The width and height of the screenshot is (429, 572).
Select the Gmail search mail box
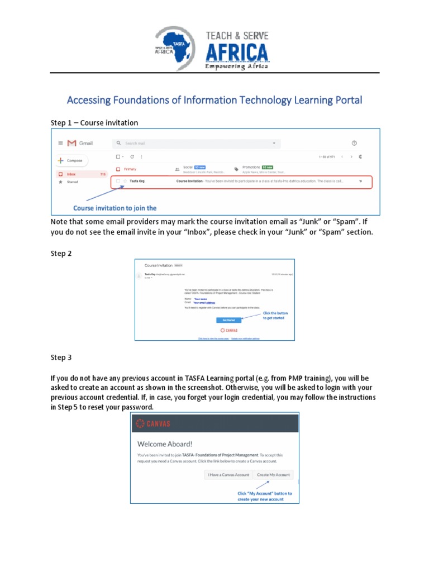coord(196,144)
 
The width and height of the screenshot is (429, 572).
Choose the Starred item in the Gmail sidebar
coord(72,182)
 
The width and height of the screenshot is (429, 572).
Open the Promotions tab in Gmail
coord(251,167)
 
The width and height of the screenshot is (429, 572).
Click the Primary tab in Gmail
coord(130,169)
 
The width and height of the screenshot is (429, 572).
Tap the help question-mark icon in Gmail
coord(354,144)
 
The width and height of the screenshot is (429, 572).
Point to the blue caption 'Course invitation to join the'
coord(115,208)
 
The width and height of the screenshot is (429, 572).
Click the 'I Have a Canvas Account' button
coord(228,475)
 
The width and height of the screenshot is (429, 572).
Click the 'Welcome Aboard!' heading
coord(165,444)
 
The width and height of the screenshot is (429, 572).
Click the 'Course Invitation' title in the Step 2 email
coord(158,265)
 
